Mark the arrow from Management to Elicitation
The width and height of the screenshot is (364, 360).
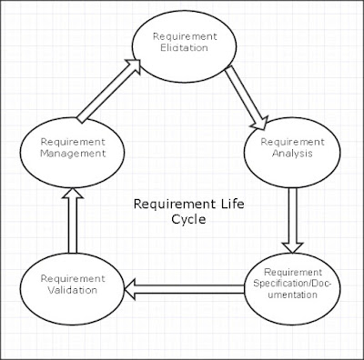point(108,91)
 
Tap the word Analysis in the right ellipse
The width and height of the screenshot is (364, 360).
point(288,155)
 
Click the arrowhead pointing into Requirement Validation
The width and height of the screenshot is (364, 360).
point(133,288)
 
